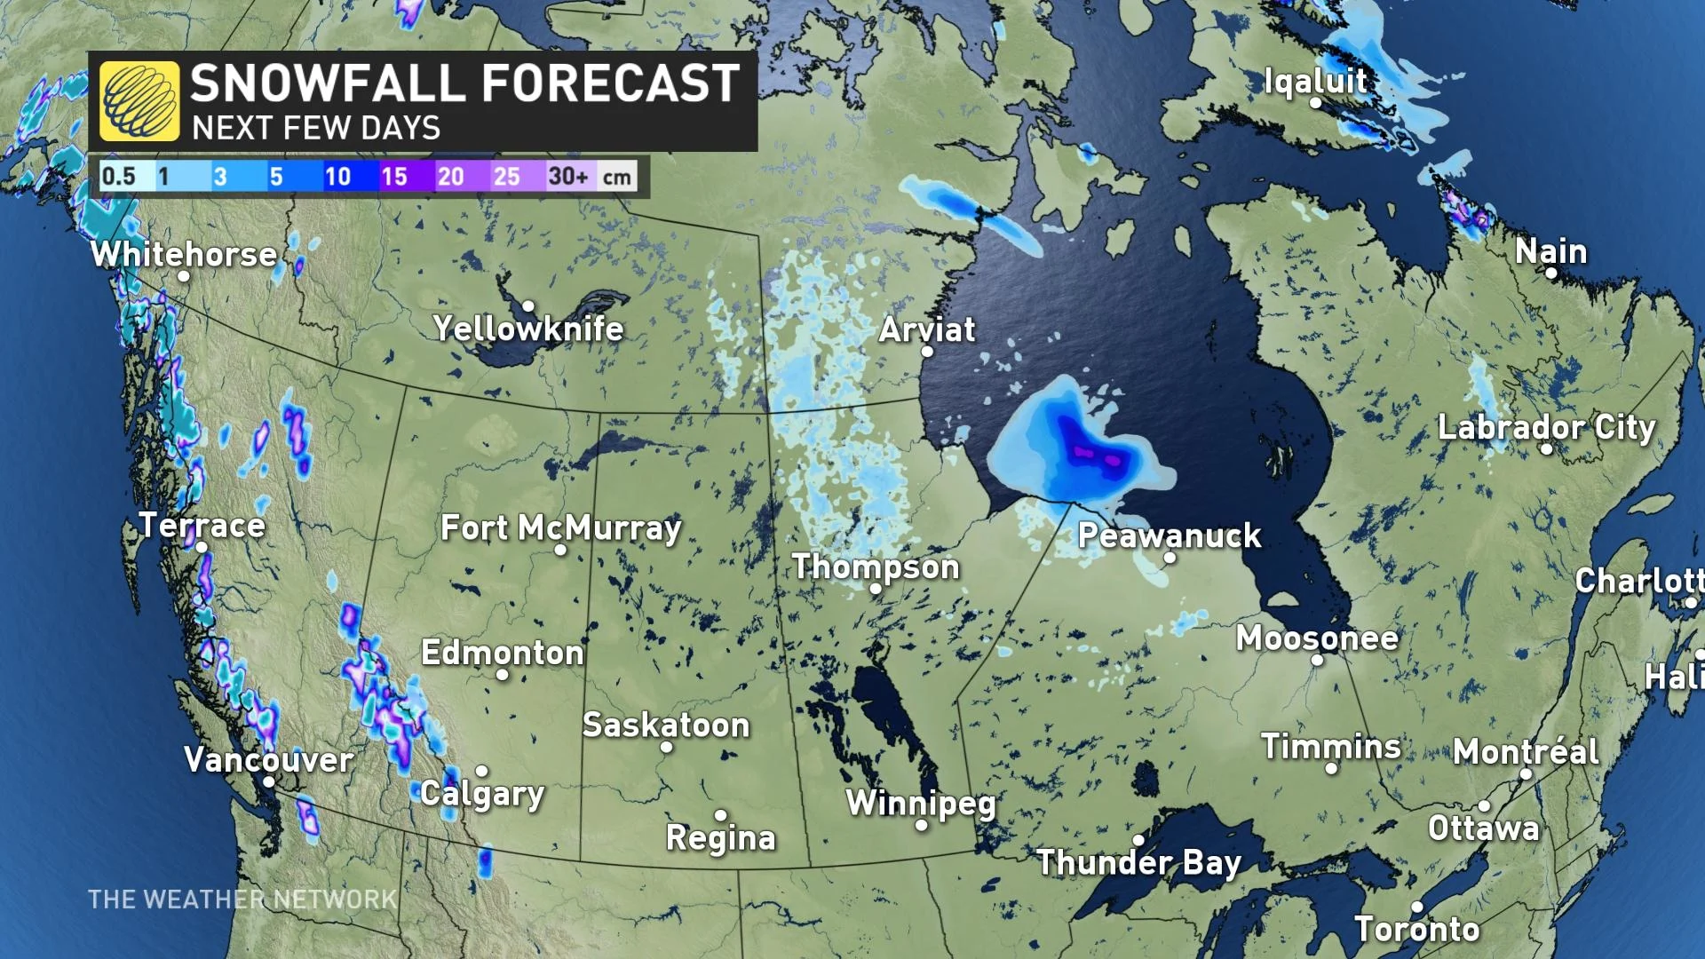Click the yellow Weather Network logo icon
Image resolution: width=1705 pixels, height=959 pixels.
(139, 101)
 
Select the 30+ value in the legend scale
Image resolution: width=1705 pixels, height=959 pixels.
(568, 176)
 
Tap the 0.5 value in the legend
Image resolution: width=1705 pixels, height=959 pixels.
(119, 176)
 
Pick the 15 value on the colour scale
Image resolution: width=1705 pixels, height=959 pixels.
(394, 176)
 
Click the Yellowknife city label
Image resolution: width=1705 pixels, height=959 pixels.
(528, 329)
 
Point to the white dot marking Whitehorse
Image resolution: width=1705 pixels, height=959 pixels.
(184, 276)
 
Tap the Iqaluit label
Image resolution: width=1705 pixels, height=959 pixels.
(1315, 81)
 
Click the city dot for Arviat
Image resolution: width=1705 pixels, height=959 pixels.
(927, 352)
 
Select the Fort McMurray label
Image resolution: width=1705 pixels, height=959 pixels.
(561, 528)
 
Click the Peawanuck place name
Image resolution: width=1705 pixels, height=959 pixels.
(1170, 535)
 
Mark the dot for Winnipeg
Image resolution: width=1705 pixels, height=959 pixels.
(922, 826)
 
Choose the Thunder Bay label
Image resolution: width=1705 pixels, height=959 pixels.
(1138, 862)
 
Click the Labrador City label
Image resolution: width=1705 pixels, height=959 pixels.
(1546, 427)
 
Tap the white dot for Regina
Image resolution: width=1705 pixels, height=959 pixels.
(720, 815)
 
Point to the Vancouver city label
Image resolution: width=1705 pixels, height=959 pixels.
(268, 760)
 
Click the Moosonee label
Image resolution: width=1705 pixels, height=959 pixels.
(1317, 638)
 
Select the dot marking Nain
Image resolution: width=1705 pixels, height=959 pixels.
(1551, 273)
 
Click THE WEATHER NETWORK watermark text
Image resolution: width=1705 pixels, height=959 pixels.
(242, 900)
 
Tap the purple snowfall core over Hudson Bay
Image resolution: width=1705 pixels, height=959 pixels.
(1094, 455)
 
